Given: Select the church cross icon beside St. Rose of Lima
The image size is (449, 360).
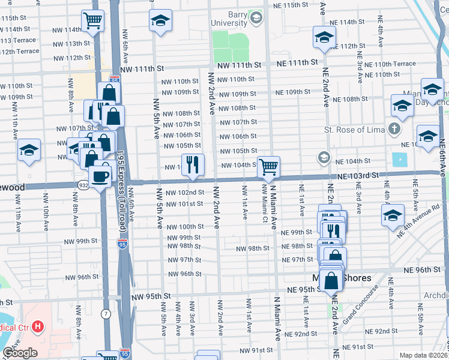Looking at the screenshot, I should [394, 129].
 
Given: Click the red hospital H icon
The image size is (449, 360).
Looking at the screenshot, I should [38, 327].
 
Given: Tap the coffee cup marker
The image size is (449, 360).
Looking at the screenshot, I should [100, 176].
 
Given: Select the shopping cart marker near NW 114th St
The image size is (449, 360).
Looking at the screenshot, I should [94, 21].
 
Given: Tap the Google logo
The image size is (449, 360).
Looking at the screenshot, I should [20, 353].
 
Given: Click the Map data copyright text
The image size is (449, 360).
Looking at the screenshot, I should [423, 355].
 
